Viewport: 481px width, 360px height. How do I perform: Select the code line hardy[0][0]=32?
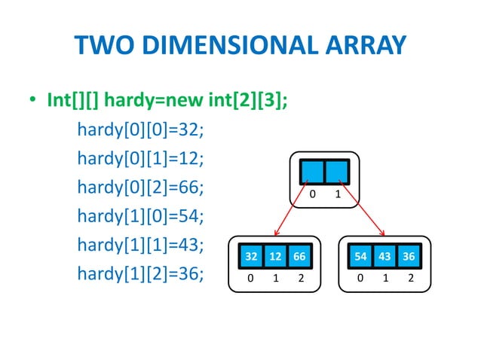[x=141, y=130]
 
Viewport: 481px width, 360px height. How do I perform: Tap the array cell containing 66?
[x=299, y=257]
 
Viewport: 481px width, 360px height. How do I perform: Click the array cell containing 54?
[x=361, y=257]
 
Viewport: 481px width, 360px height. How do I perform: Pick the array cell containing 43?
[x=385, y=257]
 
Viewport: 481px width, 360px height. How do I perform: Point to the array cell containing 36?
[x=409, y=257]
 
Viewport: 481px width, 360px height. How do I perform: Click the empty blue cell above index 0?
[x=312, y=171]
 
